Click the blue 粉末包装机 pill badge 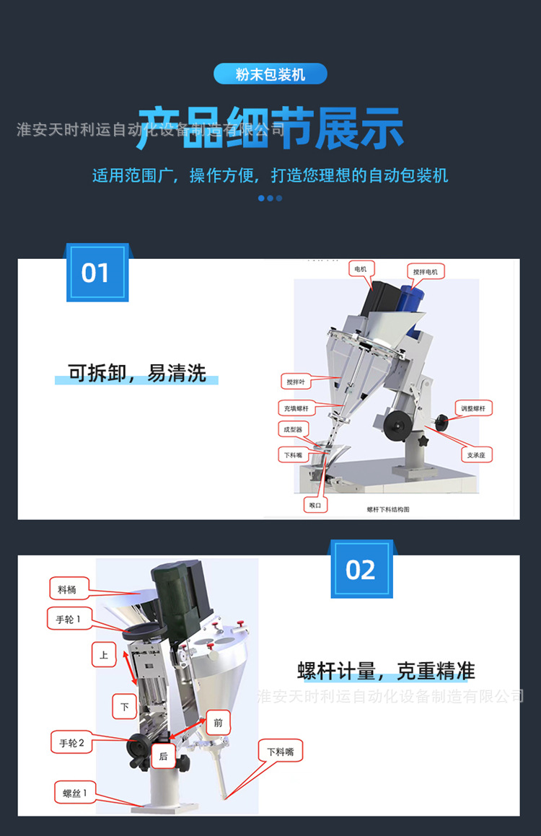(270, 74)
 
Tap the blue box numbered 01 (97, 273)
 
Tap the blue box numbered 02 (361, 570)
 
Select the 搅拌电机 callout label (425, 271)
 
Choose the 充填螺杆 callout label (296, 408)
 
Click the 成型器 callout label (294, 430)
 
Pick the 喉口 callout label (315, 506)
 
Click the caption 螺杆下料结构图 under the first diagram (387, 509)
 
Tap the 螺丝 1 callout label (74, 794)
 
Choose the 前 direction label (219, 721)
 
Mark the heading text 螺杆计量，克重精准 (386, 671)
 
